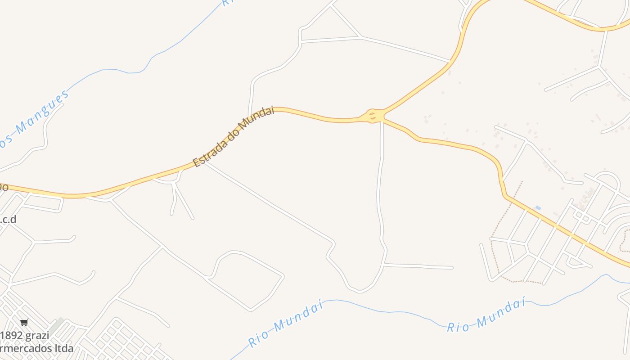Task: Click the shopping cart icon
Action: click(x=24, y=322)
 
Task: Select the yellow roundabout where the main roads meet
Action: click(x=373, y=116)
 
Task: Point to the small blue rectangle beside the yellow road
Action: click(x=538, y=207)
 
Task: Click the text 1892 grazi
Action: click(x=25, y=336)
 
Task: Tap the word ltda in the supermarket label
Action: click(x=63, y=348)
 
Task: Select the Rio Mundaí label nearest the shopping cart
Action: click(x=286, y=325)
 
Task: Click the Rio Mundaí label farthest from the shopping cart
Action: click(x=486, y=316)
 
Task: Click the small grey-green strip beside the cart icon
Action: click(x=56, y=325)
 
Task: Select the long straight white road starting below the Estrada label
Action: click(x=270, y=202)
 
